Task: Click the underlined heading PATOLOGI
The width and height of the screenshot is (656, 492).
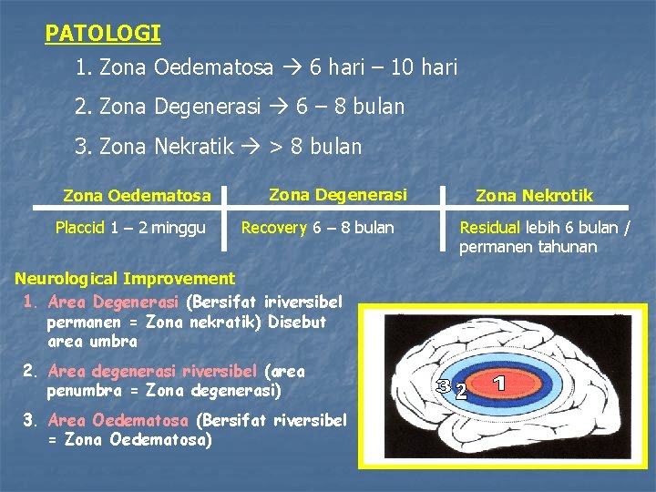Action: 103,34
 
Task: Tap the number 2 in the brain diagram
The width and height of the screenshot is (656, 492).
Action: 462,393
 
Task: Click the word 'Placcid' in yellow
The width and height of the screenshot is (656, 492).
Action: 80,228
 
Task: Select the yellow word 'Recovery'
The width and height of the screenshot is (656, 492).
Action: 273,228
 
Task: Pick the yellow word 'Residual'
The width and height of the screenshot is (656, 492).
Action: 490,228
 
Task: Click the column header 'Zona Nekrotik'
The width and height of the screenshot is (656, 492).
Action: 534,195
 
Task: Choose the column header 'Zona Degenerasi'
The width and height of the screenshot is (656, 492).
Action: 338,193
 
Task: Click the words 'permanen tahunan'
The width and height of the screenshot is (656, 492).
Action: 528,247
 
